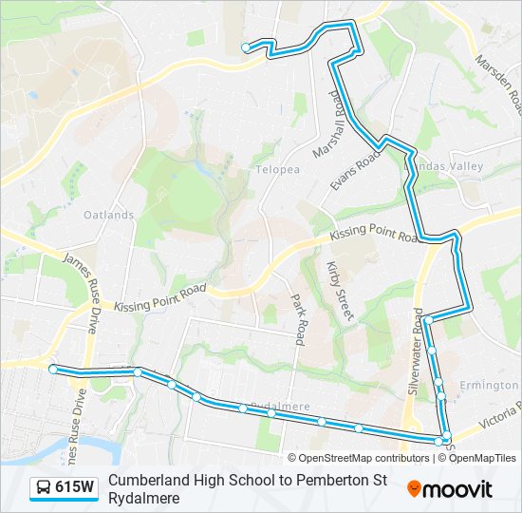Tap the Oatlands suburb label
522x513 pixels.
click(108, 215)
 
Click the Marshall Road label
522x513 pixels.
click(325, 123)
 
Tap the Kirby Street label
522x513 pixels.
click(339, 291)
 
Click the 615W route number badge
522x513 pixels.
click(74, 488)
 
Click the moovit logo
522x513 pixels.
click(450, 489)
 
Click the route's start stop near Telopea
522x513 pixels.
click(246, 47)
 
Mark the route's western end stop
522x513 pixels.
click(53, 369)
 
